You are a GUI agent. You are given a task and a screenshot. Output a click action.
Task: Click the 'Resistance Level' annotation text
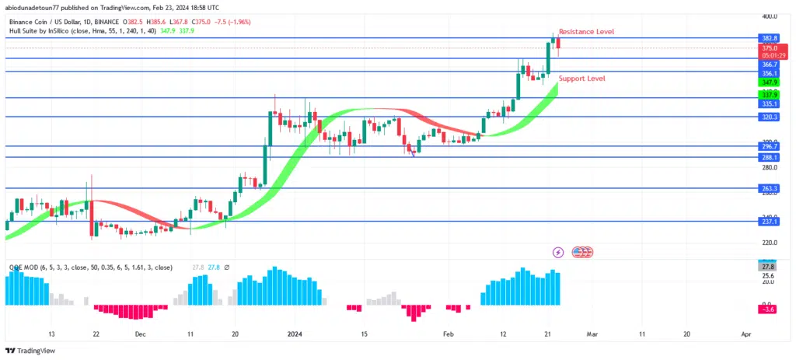pos(587,32)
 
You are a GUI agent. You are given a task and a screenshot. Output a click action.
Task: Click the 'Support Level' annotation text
pos(581,79)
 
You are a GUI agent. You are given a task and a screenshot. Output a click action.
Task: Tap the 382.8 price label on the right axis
pos(770,37)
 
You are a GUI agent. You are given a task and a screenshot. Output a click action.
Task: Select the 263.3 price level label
pos(770,188)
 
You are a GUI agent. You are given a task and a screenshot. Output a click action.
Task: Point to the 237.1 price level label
pos(770,221)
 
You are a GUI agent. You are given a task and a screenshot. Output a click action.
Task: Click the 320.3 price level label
pos(770,117)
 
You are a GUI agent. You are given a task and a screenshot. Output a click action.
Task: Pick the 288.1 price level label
pos(770,157)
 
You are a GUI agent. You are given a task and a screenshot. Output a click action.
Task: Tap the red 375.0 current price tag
pos(770,47)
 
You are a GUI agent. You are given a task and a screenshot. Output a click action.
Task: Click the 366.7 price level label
pos(770,64)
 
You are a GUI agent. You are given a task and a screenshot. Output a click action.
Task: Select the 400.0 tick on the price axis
pos(770,16)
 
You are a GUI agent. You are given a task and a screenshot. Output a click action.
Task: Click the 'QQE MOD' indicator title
pos(23,267)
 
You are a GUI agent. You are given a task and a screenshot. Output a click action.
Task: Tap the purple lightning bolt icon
pos(558,252)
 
